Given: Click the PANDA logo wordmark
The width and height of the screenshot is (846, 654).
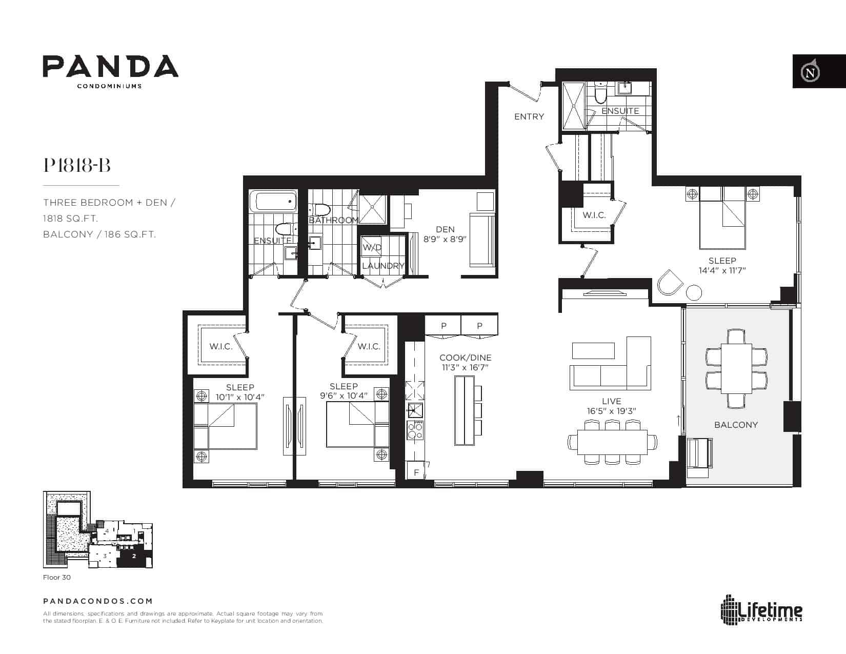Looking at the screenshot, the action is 111,66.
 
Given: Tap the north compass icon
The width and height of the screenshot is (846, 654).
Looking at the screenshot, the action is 810,72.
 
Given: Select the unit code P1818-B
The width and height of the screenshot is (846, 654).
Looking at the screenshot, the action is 77,165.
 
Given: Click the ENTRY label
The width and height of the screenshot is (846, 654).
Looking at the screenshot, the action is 529,116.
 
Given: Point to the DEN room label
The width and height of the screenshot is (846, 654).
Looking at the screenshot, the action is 445,229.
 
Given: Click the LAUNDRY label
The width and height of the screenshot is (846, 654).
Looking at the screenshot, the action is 383,266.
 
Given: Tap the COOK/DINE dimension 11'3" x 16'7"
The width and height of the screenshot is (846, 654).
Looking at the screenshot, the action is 465,367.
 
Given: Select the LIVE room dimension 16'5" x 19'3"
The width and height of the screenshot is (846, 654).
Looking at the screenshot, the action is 611,411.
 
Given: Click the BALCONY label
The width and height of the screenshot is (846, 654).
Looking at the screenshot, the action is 736,425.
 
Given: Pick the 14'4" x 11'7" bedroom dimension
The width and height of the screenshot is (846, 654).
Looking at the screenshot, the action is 722,270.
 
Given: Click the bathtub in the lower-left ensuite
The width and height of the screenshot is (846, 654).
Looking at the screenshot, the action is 273,201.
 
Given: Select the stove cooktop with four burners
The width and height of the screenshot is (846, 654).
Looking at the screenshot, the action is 415,430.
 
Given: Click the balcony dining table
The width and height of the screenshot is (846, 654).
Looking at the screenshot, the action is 736,368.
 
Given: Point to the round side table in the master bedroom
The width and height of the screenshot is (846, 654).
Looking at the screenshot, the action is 694,292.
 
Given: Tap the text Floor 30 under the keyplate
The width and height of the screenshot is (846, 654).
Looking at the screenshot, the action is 57,577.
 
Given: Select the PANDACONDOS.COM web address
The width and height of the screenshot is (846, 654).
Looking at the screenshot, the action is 98,601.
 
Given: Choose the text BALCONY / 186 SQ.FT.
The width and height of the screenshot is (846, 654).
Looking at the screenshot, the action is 99,234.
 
